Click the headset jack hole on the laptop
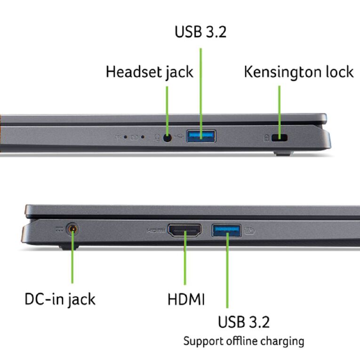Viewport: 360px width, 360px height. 168,138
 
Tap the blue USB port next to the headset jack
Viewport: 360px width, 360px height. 201,136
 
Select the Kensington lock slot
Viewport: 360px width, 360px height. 279,138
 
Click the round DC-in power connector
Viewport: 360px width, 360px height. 72,229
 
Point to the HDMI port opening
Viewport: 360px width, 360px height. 184,230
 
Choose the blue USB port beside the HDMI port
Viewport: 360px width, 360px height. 226,230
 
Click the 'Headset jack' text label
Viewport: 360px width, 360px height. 150,72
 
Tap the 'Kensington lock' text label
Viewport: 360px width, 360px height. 299,72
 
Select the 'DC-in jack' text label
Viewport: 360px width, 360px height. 60,299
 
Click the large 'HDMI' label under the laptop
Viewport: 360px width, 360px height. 186,299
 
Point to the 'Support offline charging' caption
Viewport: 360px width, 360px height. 244,341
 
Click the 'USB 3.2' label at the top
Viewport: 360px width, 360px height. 200,32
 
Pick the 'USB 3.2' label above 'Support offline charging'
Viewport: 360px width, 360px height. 244,322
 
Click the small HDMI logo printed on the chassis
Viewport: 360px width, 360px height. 156,230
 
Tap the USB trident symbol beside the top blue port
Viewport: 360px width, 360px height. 179,136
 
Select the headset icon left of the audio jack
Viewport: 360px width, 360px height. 157,138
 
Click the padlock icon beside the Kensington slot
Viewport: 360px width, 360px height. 266,138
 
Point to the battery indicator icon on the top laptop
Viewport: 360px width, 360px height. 134,137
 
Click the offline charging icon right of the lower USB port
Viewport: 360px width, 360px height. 249,230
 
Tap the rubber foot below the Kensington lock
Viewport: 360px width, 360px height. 283,153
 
